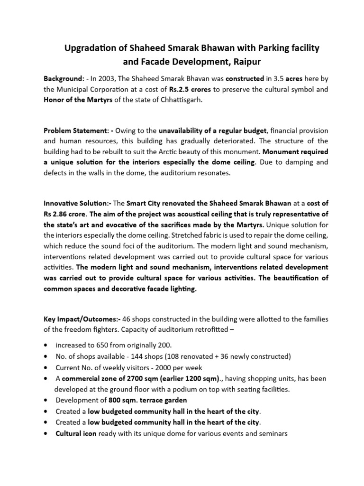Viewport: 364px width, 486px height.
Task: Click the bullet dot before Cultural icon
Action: coord(45,433)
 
